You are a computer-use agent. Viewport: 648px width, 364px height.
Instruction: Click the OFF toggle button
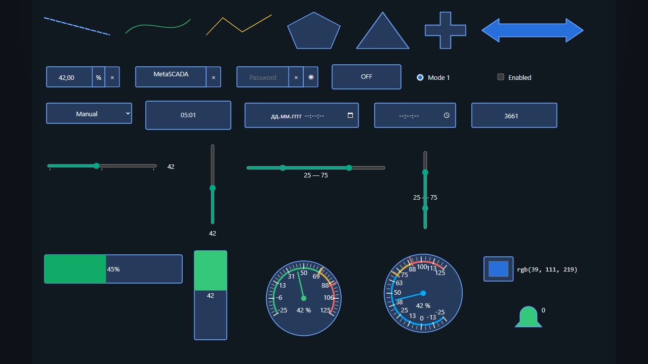366,77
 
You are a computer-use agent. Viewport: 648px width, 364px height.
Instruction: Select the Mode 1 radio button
420,77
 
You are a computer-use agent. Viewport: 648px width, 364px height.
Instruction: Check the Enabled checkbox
501,77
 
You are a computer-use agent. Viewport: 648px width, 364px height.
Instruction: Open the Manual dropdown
89,114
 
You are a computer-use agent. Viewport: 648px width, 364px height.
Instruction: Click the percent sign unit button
99,77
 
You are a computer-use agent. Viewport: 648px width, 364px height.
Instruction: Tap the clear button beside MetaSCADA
214,77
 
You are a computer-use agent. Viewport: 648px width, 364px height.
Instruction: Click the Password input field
263,77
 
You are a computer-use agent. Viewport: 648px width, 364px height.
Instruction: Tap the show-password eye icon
311,77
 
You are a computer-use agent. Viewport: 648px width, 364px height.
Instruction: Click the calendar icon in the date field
350,115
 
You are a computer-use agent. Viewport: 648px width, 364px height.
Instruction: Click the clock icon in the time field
447,115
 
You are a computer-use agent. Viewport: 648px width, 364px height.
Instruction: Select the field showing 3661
514,115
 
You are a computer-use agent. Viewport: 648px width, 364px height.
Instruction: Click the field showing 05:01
188,115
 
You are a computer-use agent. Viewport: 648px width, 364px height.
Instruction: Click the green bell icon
529,317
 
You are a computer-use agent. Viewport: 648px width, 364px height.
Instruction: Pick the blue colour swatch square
499,269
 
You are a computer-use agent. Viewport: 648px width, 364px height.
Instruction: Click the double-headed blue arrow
532,30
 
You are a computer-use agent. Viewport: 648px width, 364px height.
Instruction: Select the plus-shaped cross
445,30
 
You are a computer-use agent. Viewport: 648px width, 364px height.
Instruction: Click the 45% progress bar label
113,269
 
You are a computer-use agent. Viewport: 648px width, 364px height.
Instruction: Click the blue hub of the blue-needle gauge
423,293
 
